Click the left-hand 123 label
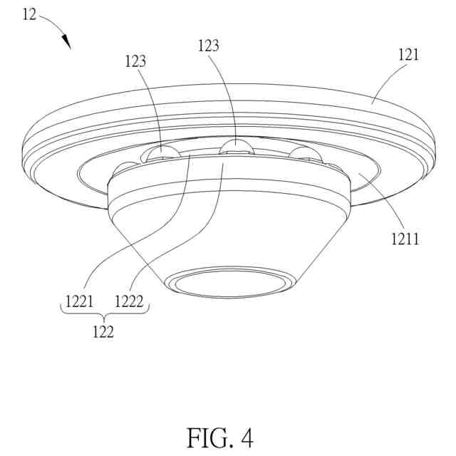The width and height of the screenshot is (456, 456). click(x=134, y=61)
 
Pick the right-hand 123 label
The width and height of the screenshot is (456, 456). click(x=207, y=46)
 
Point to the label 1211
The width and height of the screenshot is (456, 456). click(x=404, y=239)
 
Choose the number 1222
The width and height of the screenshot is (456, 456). click(x=129, y=301)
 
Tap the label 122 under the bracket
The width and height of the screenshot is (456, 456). click(x=103, y=331)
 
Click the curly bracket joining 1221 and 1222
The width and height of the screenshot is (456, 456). click(x=103, y=315)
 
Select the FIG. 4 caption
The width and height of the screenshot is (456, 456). click(x=220, y=437)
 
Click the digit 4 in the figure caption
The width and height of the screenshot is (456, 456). click(x=246, y=437)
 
